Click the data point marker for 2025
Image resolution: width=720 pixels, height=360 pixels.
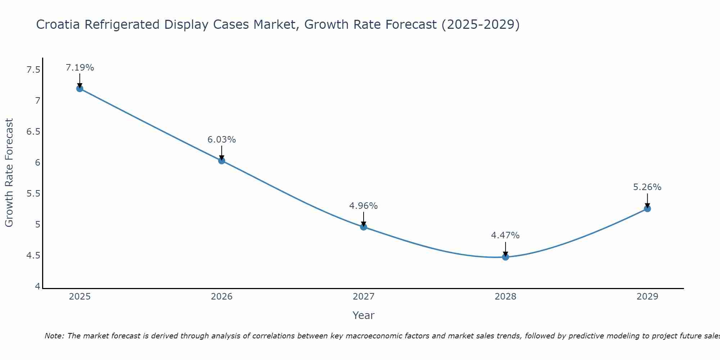[80, 89]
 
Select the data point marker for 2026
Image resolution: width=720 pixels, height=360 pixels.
[222, 161]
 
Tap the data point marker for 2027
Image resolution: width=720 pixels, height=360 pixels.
[364, 227]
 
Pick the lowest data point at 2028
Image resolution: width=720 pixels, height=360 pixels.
[505, 257]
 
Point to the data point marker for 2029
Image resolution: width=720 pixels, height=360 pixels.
[647, 208]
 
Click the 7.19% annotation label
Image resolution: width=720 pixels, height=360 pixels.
[80, 68]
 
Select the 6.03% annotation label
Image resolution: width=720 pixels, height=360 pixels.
[222, 140]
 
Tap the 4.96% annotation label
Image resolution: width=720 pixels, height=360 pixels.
[364, 206]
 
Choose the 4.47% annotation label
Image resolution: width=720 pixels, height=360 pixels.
[505, 235]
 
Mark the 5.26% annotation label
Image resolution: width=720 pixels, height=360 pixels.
[647, 187]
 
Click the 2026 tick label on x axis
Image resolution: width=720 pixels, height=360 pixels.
[222, 297]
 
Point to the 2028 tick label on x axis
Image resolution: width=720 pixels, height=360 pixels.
[505, 297]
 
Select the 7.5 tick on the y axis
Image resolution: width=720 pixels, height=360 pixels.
[33, 70]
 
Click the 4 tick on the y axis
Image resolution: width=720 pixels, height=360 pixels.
[37, 287]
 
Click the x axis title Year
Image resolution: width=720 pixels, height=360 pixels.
[364, 315]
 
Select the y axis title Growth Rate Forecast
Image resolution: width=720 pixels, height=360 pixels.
[9, 173]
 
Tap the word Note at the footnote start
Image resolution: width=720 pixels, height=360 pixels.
[54, 336]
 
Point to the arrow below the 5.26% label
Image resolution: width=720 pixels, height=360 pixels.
[647, 200]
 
